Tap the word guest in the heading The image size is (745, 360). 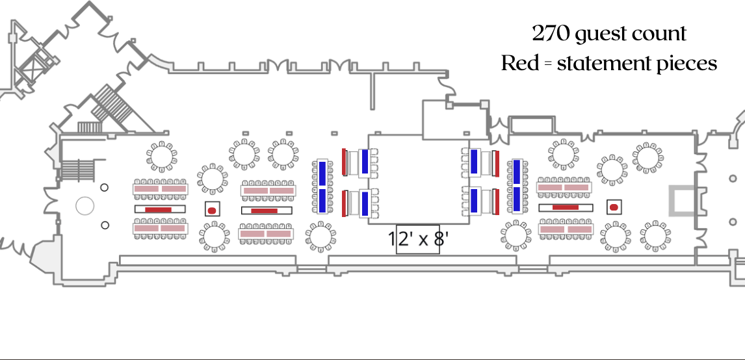[607, 34]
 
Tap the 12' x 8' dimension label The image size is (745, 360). [418, 239]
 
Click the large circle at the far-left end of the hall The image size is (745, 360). [85, 206]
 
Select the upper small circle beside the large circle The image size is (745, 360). [105, 188]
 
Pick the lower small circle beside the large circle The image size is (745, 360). [105, 225]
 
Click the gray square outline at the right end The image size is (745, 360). [683, 200]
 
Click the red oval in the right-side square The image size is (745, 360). [613, 207]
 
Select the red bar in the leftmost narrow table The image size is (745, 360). [159, 209]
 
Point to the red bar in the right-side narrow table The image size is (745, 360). [566, 207]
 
